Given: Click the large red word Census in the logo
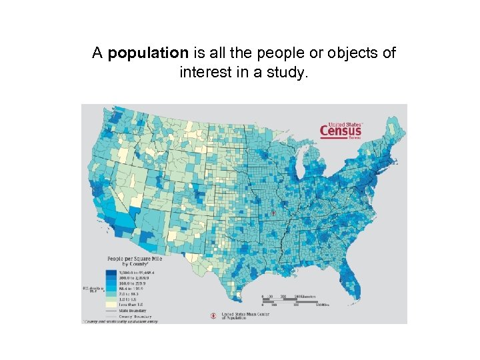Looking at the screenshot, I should coord(341,131).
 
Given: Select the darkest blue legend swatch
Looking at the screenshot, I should coord(109,272).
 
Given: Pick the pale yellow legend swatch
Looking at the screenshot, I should coord(109,304).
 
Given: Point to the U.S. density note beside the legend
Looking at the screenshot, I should coord(90,289).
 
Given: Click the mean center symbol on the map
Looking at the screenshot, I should coord(273,213).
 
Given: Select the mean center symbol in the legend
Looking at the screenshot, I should coord(213,315).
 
